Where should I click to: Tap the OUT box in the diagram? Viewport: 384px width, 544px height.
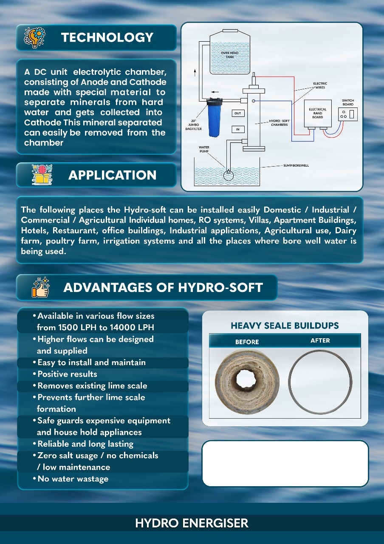[x=238, y=113]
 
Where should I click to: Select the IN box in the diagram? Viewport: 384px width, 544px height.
[x=238, y=129]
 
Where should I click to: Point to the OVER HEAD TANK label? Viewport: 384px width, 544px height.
[x=230, y=55]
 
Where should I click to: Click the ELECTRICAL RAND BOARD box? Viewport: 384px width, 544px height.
[x=318, y=114]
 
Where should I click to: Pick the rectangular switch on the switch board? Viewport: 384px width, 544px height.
[x=351, y=114]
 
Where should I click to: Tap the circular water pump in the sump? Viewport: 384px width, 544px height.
[x=228, y=175]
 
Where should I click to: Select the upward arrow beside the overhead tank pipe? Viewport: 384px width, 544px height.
[x=195, y=72]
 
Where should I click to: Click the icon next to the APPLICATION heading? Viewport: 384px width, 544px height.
[x=42, y=175]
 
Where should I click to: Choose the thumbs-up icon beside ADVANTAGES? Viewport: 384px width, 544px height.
[x=41, y=287]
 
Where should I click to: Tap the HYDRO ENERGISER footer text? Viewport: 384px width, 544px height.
[x=192, y=523]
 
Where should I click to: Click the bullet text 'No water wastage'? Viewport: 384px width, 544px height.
[x=73, y=479]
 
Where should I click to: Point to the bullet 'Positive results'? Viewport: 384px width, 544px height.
[x=67, y=374]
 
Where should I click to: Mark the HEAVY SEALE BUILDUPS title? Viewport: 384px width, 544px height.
[x=285, y=326]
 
